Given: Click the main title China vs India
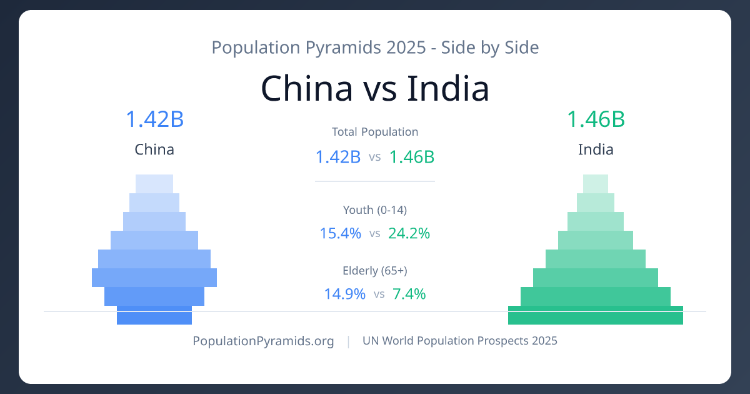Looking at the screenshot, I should point(375,88).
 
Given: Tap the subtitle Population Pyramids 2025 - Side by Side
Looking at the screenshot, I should point(375,48).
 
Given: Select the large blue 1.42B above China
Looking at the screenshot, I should point(154,119).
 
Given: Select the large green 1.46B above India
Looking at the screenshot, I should point(596,119).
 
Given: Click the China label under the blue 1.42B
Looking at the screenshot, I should point(154,150).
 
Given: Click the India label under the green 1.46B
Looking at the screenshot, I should point(596,150).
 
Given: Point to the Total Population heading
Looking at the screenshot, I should point(375,132).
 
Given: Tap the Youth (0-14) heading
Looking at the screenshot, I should point(375,210).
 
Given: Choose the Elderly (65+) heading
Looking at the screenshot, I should point(375,271).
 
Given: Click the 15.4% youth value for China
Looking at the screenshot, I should point(341,233).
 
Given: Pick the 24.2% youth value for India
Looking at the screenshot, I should point(409,233).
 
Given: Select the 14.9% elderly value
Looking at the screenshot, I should point(344,293).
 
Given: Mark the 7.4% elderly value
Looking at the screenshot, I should point(409,293).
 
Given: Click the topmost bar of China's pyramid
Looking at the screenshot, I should point(154,183).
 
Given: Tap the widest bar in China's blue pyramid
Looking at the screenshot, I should point(154,278).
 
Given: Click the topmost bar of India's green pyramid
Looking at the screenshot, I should point(596,183).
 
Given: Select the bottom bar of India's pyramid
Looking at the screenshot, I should point(596,316).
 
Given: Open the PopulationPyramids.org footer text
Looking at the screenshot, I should point(263,341).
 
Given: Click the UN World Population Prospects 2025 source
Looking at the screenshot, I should point(460,341).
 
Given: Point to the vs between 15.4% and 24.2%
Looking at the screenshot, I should point(375,234).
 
